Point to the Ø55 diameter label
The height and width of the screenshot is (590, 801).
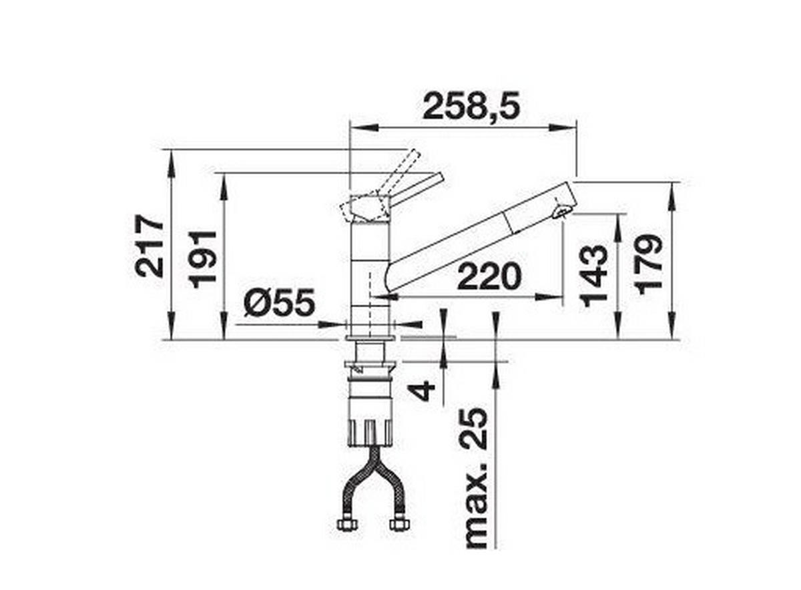279,304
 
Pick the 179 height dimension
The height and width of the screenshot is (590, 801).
649,264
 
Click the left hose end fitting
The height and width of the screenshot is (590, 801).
346,523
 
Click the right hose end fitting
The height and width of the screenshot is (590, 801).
398,523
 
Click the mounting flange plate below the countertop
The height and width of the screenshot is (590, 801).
371,365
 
